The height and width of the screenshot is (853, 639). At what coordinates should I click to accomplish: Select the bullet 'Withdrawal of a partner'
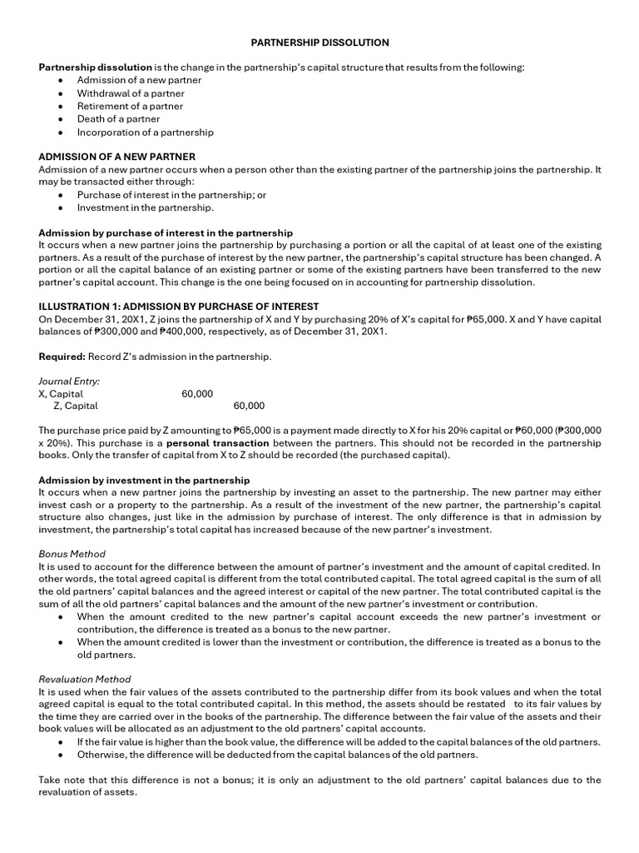point(131,93)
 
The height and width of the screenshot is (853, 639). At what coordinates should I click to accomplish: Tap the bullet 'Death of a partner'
point(118,119)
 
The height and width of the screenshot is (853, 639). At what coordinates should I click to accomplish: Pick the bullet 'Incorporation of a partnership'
point(145,132)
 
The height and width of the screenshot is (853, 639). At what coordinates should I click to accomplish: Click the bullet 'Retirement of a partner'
point(130,106)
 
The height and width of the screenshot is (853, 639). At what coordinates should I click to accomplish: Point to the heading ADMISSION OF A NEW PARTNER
point(117,157)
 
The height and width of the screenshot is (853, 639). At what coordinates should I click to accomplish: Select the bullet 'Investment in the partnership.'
point(145,207)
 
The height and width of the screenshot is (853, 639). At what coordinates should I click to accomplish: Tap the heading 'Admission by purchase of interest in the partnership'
point(166,232)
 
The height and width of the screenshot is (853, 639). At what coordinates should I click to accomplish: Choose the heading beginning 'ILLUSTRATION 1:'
point(179,307)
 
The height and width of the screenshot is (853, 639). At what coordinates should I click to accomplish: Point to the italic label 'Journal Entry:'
point(69,381)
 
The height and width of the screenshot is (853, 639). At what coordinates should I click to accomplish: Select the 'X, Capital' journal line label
point(61,393)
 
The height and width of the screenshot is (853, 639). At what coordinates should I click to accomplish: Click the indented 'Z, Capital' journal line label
point(75,406)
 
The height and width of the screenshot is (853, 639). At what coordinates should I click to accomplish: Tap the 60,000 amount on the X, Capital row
point(197,393)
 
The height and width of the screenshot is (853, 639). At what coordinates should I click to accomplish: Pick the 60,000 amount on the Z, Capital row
point(249,406)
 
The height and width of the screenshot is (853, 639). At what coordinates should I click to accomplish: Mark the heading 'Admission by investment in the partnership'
point(144,481)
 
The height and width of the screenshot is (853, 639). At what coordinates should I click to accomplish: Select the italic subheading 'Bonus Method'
point(72,554)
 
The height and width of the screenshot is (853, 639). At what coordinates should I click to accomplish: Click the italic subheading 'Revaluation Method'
point(85,679)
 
